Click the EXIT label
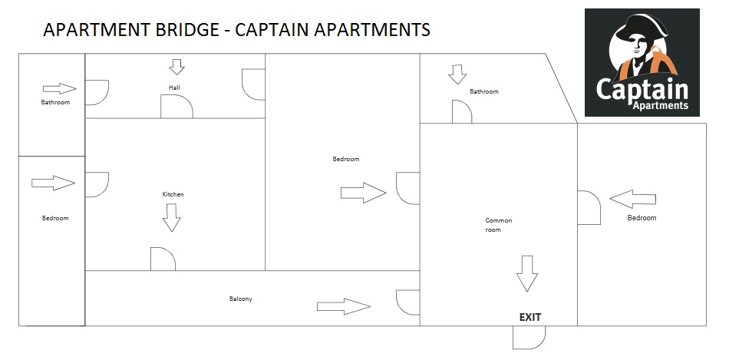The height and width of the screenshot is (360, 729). pos(530,317)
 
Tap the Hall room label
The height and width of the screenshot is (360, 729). pos(175,88)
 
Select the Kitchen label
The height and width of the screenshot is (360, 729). pos(173,195)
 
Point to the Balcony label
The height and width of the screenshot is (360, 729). pos(240,299)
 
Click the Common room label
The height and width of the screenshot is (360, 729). pos(498,225)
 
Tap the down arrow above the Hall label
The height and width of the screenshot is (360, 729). pos(177,68)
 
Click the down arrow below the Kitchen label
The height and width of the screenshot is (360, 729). pos(172,220)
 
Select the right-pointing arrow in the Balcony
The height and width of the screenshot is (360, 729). pos(344,307)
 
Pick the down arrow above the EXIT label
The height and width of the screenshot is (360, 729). pos(526,273)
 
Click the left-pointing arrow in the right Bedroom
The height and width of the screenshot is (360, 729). pos(634,200)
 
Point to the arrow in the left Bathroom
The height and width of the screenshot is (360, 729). pos(59,88)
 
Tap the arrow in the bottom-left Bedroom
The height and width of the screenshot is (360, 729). pos(53,183)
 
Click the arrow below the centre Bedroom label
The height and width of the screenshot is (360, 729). pos(362,193)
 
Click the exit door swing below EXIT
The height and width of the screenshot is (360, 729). pos(529,336)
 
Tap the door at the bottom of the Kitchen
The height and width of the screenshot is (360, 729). pos(163,259)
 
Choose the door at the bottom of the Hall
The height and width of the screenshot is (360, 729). pos(176,107)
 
